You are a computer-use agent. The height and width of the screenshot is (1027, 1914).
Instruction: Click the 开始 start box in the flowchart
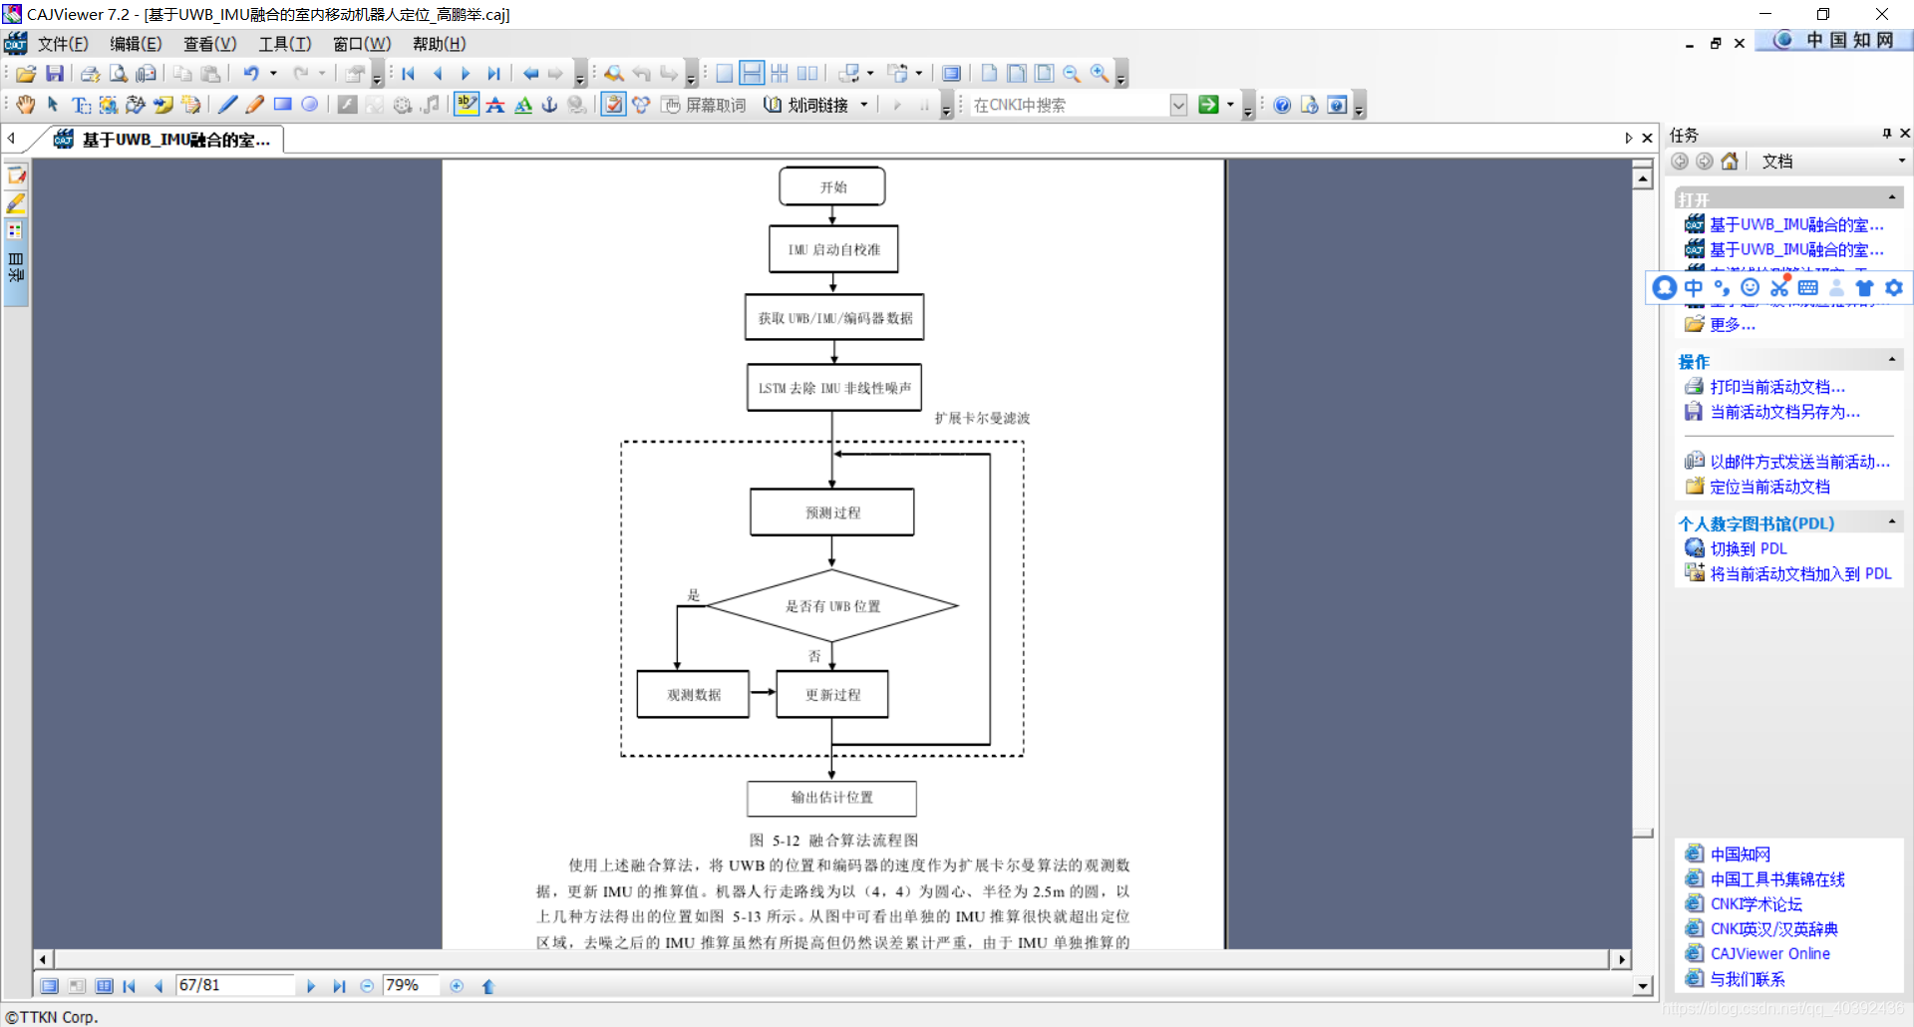point(832,186)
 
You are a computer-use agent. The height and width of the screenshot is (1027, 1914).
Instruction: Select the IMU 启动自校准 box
point(833,249)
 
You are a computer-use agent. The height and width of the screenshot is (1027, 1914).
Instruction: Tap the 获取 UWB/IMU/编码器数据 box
point(834,318)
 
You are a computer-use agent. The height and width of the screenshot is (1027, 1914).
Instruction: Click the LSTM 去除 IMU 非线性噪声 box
point(834,388)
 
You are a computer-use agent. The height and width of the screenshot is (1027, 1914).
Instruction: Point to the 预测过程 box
point(832,513)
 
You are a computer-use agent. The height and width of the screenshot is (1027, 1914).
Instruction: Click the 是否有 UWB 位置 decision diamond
point(832,606)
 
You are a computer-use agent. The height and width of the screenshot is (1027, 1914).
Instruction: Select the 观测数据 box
point(693,695)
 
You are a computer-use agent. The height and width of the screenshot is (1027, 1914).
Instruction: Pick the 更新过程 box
point(832,695)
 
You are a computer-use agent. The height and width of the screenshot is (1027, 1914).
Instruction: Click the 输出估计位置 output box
point(831,798)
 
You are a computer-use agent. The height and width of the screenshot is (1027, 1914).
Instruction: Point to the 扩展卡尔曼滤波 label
point(982,418)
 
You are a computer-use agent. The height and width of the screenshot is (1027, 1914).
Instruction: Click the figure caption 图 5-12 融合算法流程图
point(833,841)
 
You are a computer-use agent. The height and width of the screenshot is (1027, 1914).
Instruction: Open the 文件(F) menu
point(62,44)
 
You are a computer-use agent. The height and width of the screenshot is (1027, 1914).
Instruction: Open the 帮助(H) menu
point(439,44)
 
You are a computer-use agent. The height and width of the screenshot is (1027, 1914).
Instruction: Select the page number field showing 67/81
point(234,985)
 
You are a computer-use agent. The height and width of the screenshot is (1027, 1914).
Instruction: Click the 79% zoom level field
point(409,985)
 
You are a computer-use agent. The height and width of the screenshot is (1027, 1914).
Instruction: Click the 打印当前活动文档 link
point(1777,387)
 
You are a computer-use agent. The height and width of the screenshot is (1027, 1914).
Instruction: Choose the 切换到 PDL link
point(1749,548)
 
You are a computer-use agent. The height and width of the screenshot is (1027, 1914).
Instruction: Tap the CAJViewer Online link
point(1769,953)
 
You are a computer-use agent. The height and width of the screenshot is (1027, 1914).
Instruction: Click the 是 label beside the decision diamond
point(694,595)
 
